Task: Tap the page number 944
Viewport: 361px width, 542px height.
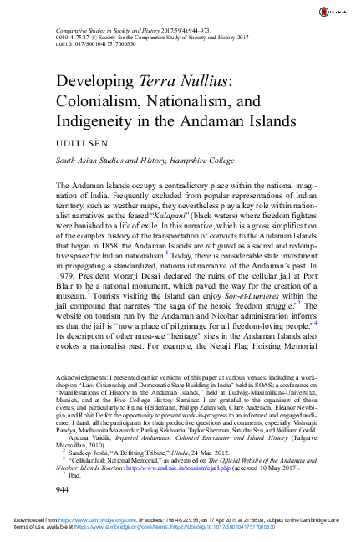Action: tap(61, 488)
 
